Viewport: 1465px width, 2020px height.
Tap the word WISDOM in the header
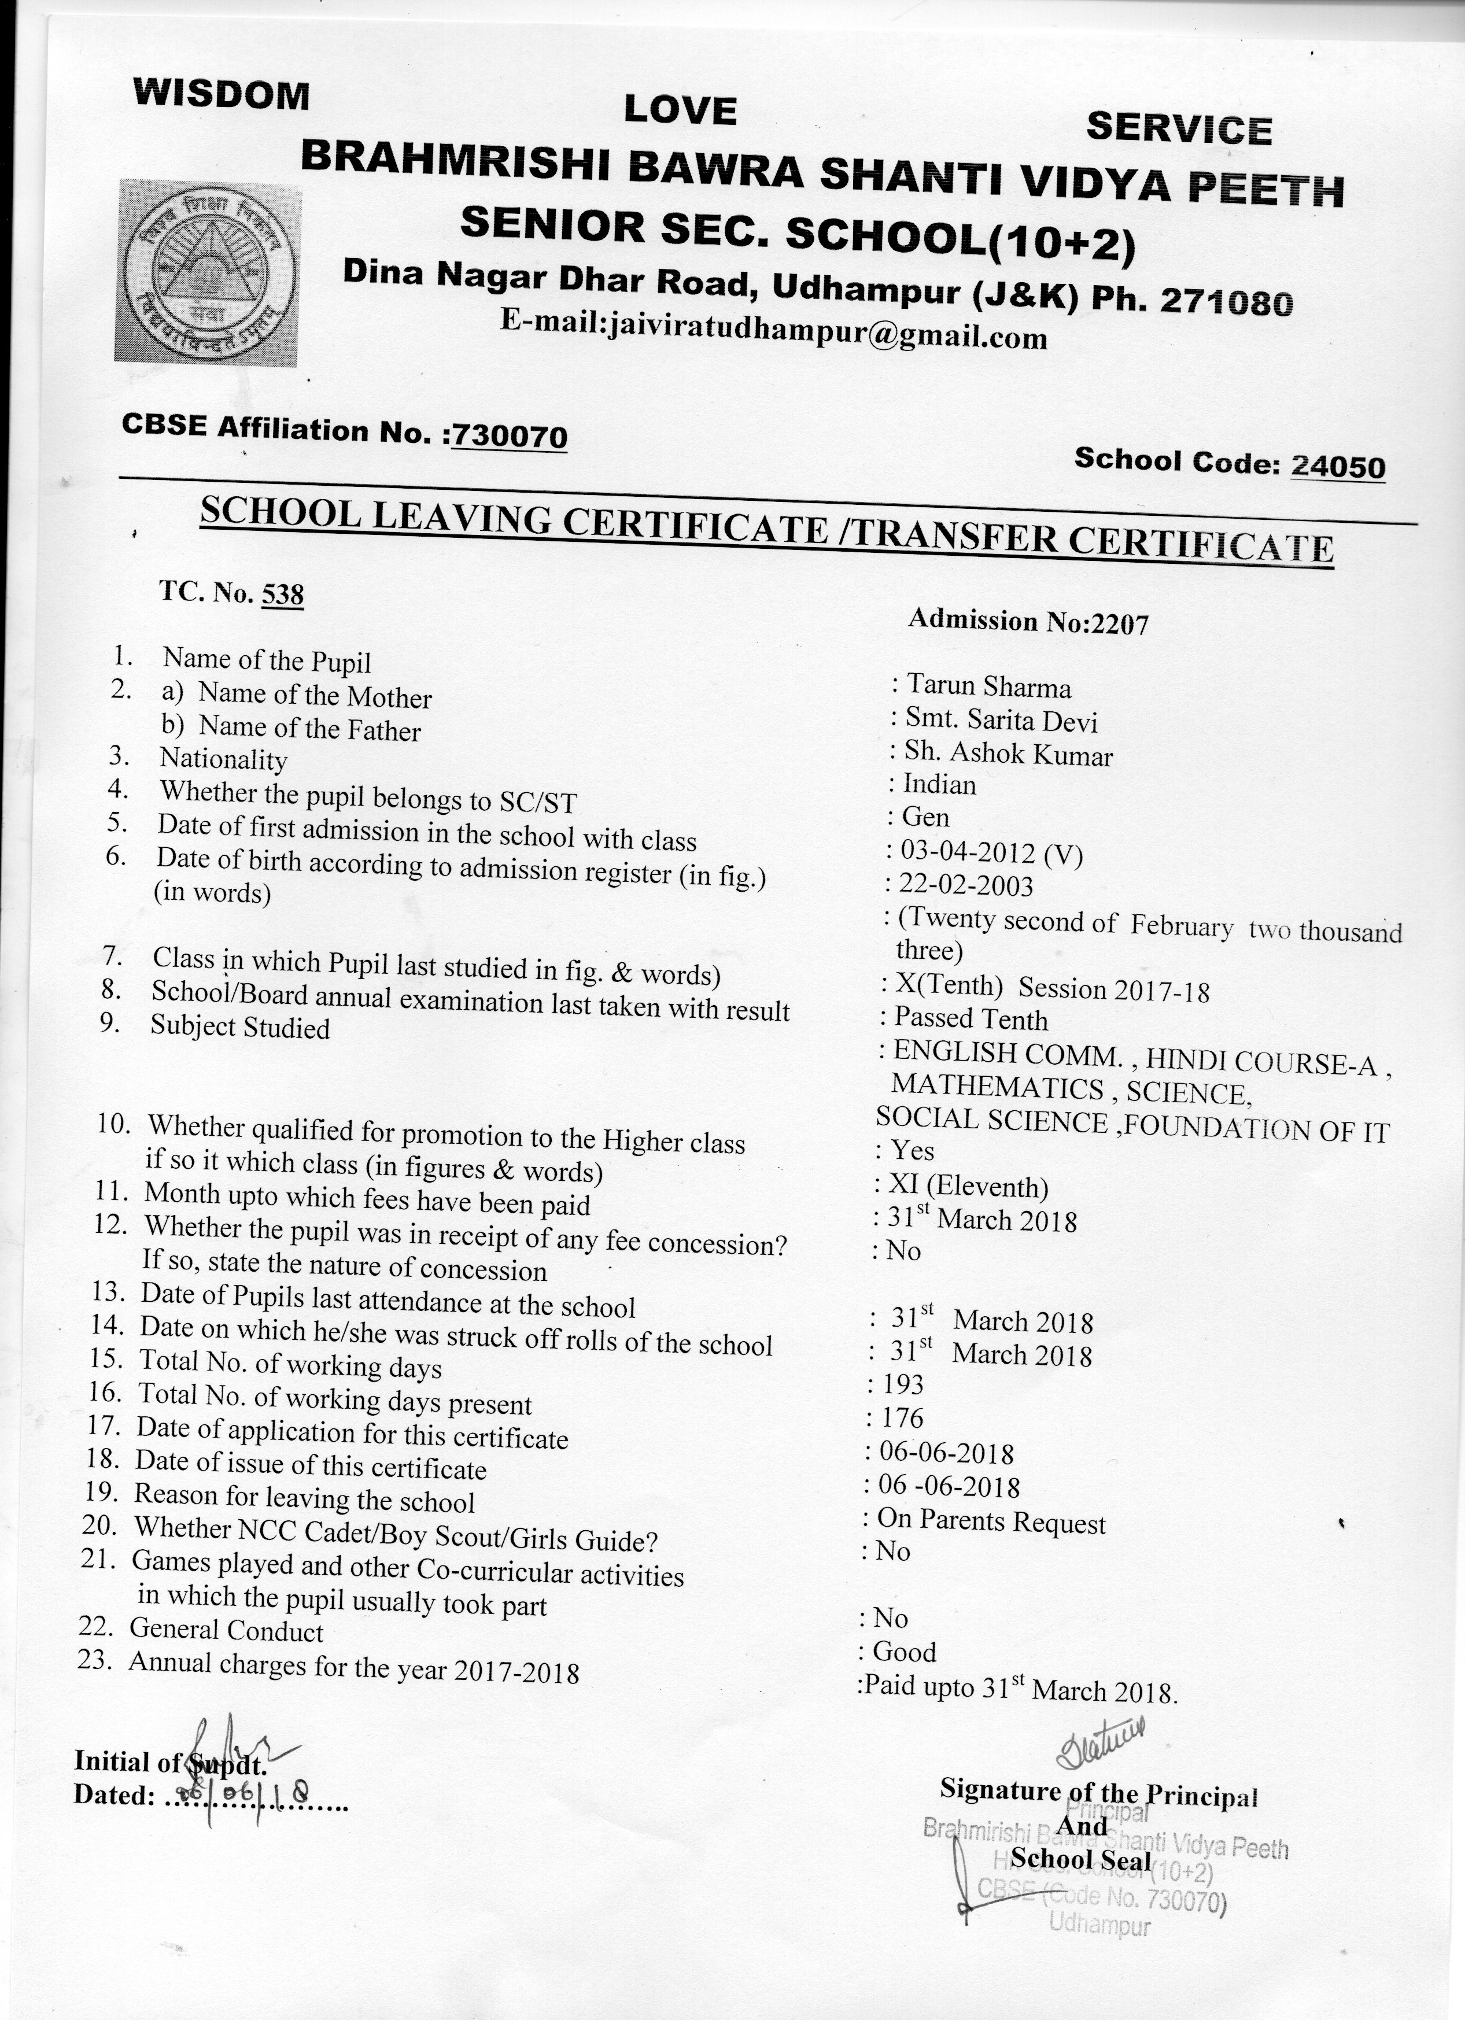click(x=221, y=94)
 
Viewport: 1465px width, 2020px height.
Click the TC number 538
click(x=282, y=595)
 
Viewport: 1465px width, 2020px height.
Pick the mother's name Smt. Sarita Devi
click(x=1001, y=719)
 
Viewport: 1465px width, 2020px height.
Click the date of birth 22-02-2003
click(x=967, y=885)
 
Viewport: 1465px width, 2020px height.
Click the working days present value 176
click(x=903, y=1417)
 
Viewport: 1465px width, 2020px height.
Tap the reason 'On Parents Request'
click(x=991, y=1520)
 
